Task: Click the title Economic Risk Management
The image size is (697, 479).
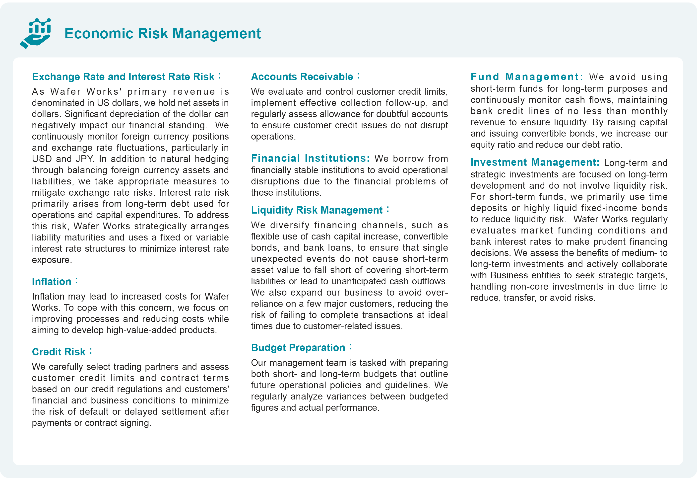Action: point(162,33)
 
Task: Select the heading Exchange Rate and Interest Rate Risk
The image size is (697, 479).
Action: point(123,77)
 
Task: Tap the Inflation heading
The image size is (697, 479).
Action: point(52,282)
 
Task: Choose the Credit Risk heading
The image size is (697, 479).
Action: point(59,352)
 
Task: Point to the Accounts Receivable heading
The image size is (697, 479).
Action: point(302,77)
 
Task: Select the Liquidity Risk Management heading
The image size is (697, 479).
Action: point(317,210)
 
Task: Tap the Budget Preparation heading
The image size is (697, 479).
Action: point(298,348)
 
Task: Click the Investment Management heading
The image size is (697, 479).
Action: point(535,162)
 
